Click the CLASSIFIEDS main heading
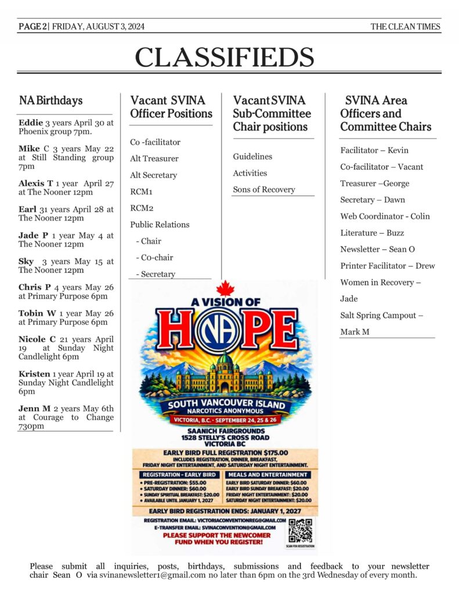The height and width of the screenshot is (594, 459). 225,57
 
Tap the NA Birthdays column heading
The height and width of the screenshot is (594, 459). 50,100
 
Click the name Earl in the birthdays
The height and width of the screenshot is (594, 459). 28,209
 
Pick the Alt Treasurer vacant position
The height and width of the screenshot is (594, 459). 154,158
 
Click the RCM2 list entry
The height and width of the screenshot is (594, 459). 141,208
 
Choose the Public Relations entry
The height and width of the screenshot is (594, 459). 160,224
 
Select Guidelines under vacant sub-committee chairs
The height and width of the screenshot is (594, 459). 252,157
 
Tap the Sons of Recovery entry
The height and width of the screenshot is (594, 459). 264,190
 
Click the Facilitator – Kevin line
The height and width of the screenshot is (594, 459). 374,150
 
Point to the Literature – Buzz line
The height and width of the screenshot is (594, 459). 372,233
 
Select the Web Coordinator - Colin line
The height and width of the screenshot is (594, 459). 385,216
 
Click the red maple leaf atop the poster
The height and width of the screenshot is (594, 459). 224,288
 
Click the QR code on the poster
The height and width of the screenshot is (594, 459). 300,530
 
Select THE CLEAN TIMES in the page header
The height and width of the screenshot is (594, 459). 406,27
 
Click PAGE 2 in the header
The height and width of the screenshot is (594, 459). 32,27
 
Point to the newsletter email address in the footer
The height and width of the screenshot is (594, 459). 152,575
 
